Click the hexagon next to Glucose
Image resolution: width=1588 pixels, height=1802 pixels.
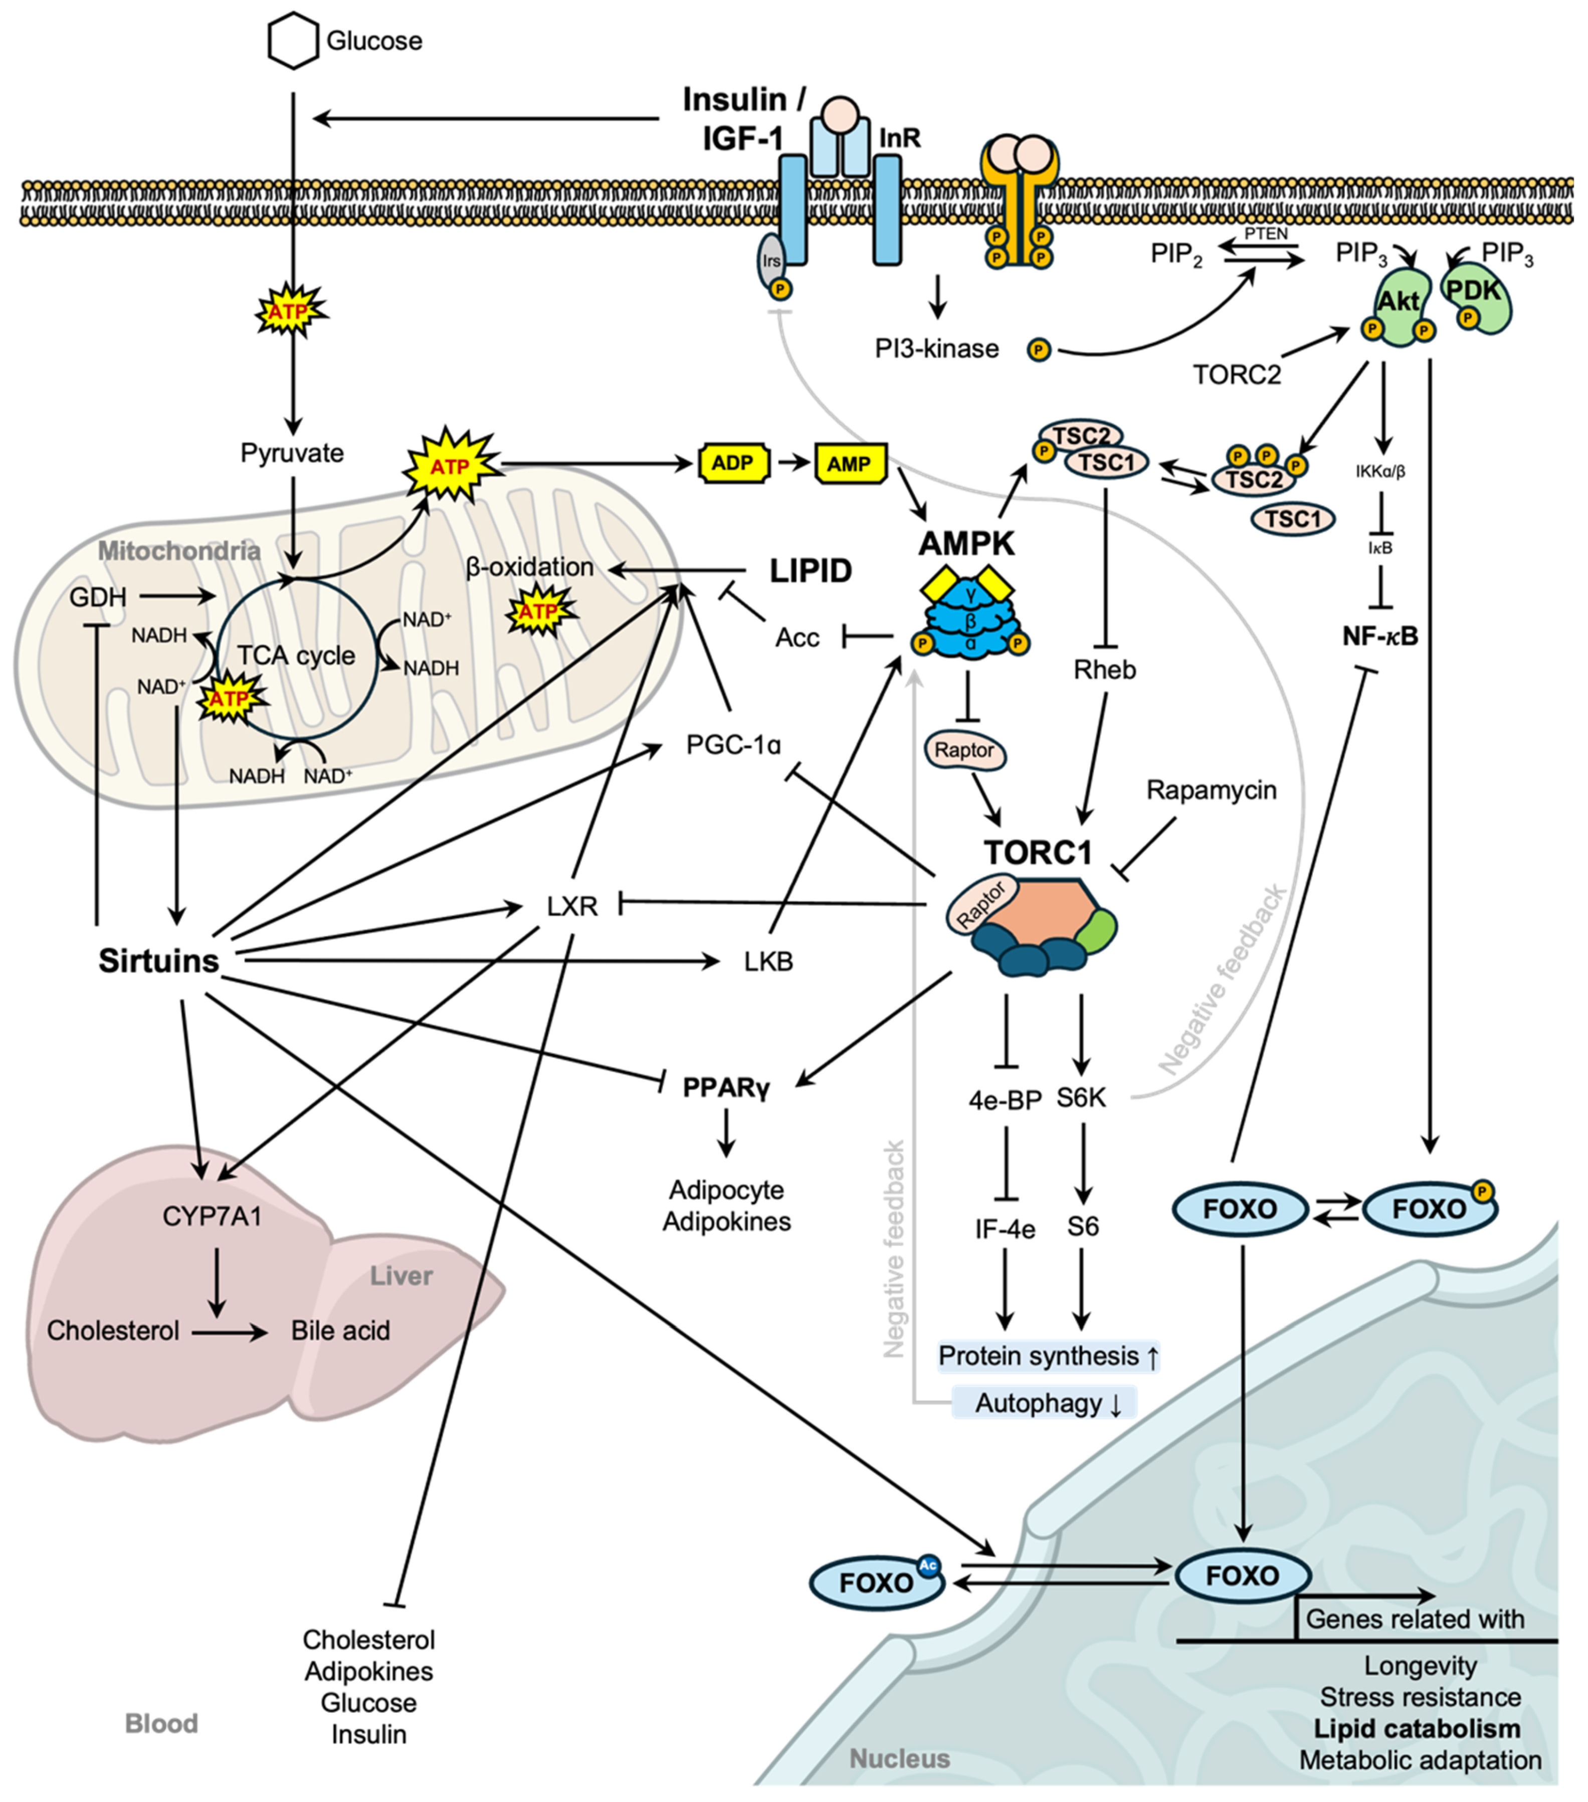tap(293, 41)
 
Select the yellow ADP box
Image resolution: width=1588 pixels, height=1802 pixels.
tap(733, 464)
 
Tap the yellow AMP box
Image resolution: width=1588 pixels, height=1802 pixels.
tap(849, 464)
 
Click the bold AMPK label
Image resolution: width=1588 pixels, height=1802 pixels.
tap(966, 544)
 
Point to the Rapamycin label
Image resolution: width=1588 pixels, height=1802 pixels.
tap(1211, 790)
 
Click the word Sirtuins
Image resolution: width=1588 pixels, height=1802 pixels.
tap(159, 961)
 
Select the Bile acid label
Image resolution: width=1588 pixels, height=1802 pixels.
tap(340, 1330)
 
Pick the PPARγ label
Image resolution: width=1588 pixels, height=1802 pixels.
tap(726, 1087)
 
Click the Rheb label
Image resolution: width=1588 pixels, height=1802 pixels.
tap(1105, 670)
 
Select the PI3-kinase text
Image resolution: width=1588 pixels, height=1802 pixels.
tap(936, 349)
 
